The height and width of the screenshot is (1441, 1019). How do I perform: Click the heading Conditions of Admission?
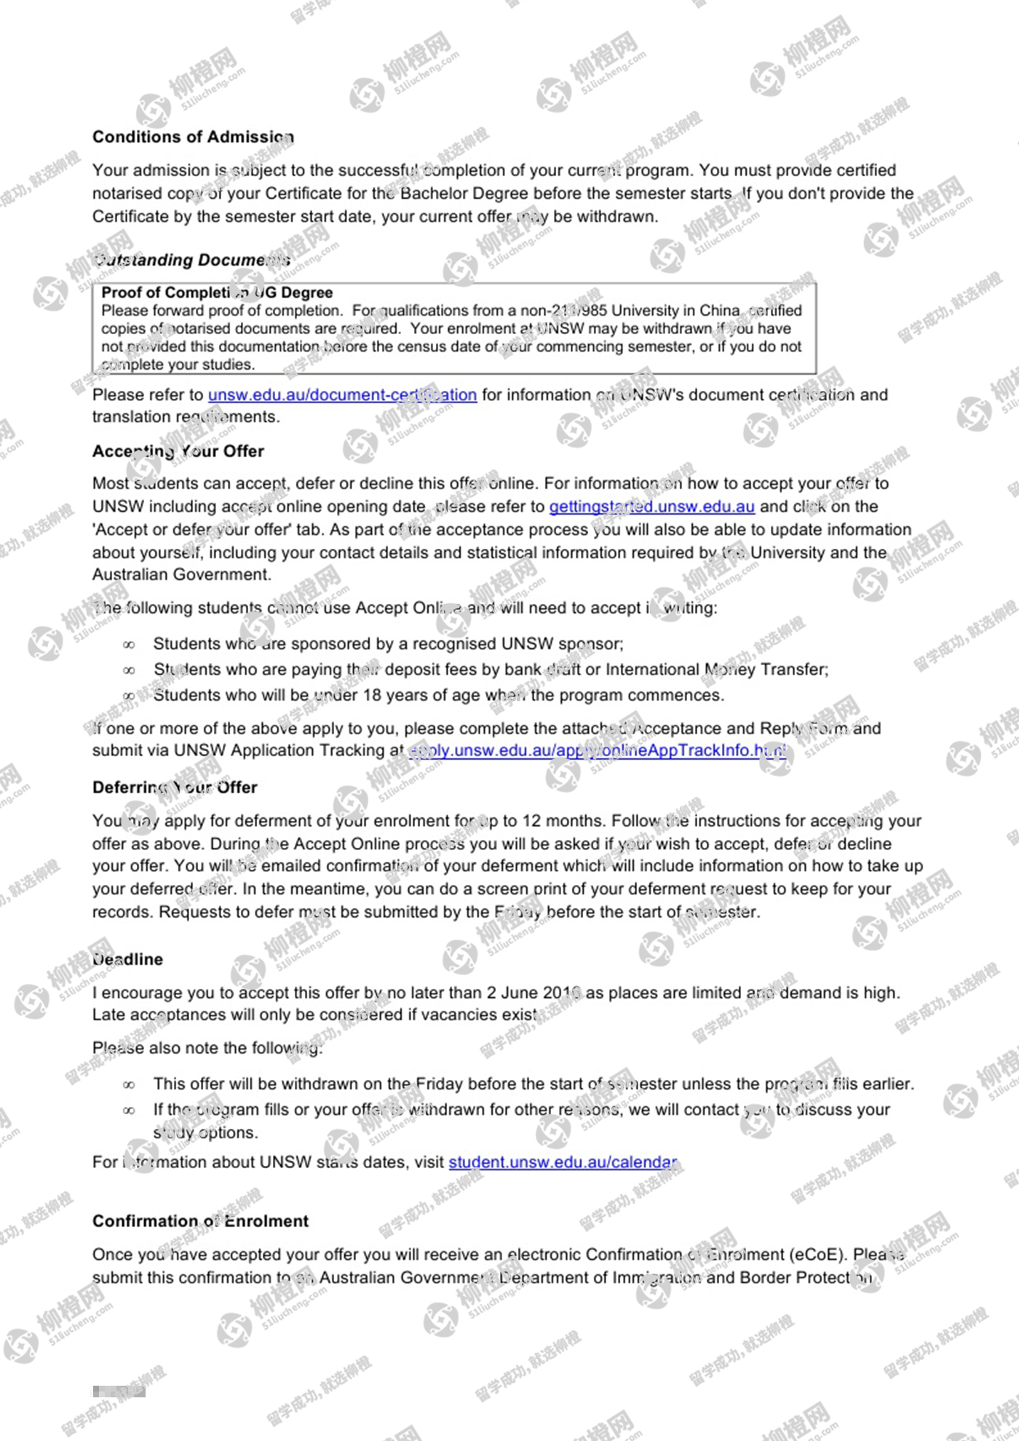click(193, 137)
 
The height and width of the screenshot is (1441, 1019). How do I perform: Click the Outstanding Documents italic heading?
click(192, 260)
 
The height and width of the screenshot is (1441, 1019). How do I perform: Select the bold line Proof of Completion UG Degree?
click(217, 293)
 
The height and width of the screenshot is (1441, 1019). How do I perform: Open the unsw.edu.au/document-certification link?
click(342, 394)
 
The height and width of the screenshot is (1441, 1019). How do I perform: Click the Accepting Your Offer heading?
click(178, 451)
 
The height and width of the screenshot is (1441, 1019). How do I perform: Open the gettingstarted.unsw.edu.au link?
click(651, 507)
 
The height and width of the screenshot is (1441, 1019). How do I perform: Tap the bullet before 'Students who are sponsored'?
click(130, 645)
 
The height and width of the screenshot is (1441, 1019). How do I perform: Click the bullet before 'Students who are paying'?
click(130, 670)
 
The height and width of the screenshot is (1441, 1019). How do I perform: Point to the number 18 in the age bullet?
click(372, 695)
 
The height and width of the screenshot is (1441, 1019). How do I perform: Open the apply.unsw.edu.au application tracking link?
click(598, 750)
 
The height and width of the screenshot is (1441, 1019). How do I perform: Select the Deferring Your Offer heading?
click(175, 787)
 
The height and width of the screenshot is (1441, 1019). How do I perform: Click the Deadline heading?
click(128, 959)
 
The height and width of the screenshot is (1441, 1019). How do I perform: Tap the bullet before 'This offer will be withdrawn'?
click(130, 1085)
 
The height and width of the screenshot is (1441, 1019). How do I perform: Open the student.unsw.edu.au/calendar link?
click(563, 1162)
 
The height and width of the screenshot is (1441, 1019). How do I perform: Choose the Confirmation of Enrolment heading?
click(200, 1221)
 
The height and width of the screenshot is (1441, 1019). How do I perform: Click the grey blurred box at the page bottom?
click(119, 1392)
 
